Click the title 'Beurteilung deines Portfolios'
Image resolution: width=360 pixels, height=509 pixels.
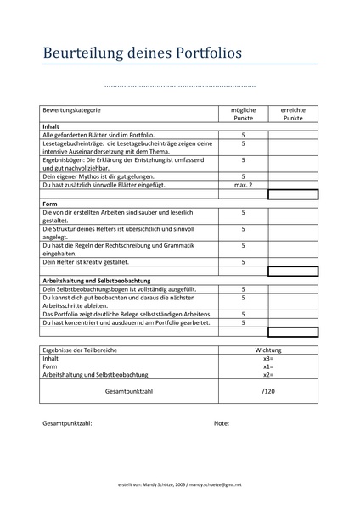click(143, 53)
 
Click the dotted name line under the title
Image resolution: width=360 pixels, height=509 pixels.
click(179, 87)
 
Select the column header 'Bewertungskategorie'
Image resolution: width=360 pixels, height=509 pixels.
click(72, 110)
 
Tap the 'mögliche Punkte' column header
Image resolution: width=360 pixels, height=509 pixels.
click(244, 115)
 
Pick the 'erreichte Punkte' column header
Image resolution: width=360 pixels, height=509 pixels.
click(293, 115)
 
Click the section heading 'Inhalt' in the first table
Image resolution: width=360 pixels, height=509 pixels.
click(51, 126)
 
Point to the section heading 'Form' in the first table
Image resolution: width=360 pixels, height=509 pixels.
click(49, 204)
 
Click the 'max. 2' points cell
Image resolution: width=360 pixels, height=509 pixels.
click(244, 184)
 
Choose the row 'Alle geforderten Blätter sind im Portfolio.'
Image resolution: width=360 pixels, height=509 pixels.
click(98, 135)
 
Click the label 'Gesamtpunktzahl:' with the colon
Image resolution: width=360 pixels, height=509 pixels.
click(67, 422)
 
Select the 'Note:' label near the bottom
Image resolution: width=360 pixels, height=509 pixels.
click(222, 422)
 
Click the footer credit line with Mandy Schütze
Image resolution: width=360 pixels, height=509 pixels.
click(180, 484)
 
